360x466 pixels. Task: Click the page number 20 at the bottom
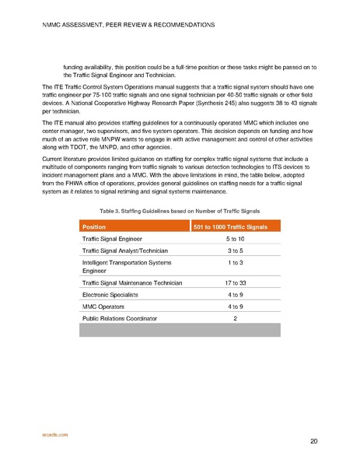tap(313, 442)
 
